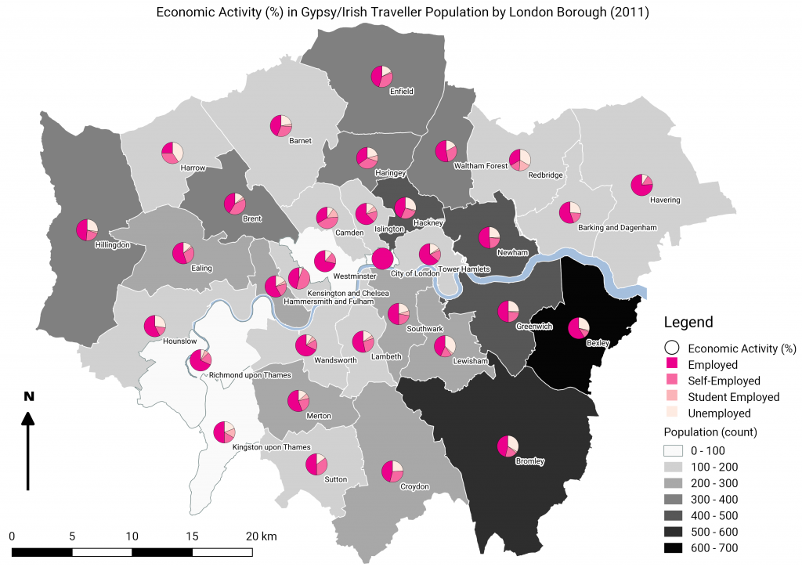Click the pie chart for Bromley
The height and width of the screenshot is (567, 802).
pyautogui.click(x=508, y=446)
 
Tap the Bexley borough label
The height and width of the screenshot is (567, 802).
pyautogui.click(x=598, y=342)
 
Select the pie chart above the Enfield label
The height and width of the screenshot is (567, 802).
pyautogui.click(x=381, y=76)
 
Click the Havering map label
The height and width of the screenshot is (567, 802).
pyautogui.click(x=665, y=200)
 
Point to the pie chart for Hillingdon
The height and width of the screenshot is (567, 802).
pyautogui.click(x=87, y=229)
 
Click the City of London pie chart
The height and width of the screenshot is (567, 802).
pyautogui.click(x=382, y=258)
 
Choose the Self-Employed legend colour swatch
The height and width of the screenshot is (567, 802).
pyautogui.click(x=671, y=381)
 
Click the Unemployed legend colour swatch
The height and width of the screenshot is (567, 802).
pyautogui.click(x=671, y=413)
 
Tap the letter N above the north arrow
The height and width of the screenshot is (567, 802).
pyautogui.click(x=28, y=396)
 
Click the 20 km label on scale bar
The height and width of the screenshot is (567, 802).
pyautogui.click(x=261, y=536)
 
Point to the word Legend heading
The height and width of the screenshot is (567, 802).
pyautogui.click(x=688, y=322)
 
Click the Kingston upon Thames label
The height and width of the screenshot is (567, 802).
pyautogui.click(x=271, y=447)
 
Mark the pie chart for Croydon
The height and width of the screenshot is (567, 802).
pyautogui.click(x=392, y=471)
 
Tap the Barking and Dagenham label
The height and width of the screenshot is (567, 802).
pyautogui.click(x=616, y=227)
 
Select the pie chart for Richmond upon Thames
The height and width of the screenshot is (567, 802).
pyautogui.click(x=200, y=360)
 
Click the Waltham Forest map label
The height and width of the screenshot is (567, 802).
pyautogui.click(x=481, y=166)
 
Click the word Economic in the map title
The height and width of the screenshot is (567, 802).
pyautogui.click(x=185, y=13)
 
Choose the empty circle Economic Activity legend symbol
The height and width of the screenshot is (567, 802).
pyautogui.click(x=671, y=349)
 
